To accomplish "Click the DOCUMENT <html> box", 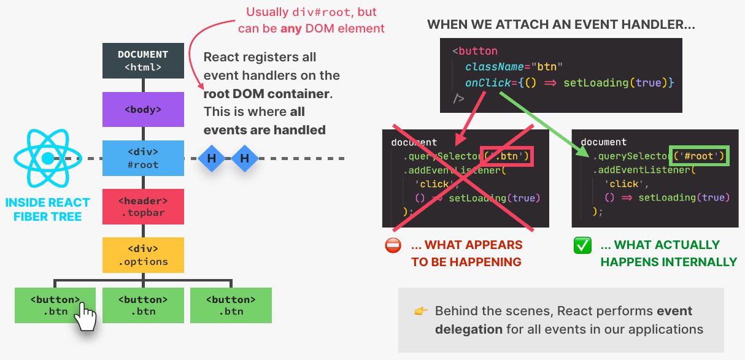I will point(143,61).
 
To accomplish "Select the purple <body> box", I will point(143,109).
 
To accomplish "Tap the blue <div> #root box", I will point(143,158).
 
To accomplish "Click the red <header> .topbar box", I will point(143,207).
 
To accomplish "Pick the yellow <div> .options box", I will point(143,255).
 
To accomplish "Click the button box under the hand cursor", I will point(55,305).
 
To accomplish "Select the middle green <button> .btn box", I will point(143,305).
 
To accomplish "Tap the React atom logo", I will point(47,158).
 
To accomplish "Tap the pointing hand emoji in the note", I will point(421,311).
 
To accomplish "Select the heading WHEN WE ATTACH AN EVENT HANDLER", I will point(561,25).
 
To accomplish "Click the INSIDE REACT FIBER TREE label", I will point(47,209).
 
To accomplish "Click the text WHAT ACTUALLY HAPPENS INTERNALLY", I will point(668,253).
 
